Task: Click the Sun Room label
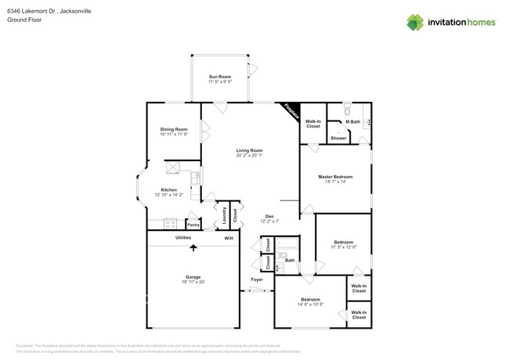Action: pos(218,77)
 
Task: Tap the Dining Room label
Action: pos(174,129)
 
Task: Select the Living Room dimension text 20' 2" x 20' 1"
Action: pos(249,155)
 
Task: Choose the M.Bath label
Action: pos(353,121)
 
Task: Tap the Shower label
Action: pos(338,138)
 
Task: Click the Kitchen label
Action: pos(169,190)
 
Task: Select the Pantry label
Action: pos(193,225)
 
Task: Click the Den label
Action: pos(269,217)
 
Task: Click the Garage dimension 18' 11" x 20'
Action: pos(193,282)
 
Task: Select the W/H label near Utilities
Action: pos(229,238)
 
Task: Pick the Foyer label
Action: pos(256,279)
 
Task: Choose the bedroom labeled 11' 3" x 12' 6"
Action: pos(343,247)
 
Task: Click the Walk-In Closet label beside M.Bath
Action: pos(312,124)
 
